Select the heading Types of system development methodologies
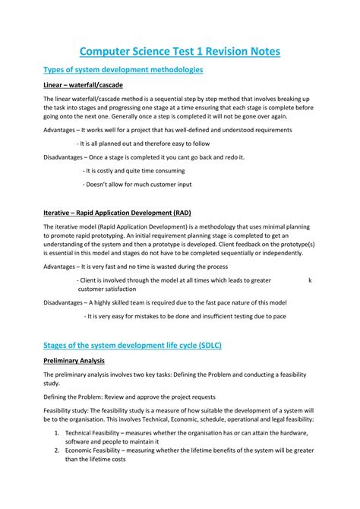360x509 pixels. click(x=122, y=70)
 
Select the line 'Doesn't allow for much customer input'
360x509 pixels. click(x=137, y=184)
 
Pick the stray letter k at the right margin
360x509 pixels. click(x=310, y=280)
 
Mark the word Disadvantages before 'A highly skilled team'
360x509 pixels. click(x=63, y=302)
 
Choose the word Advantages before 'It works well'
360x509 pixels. click(x=59, y=130)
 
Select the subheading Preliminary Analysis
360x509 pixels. click(x=74, y=360)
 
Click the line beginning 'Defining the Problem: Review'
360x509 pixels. click(x=129, y=397)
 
